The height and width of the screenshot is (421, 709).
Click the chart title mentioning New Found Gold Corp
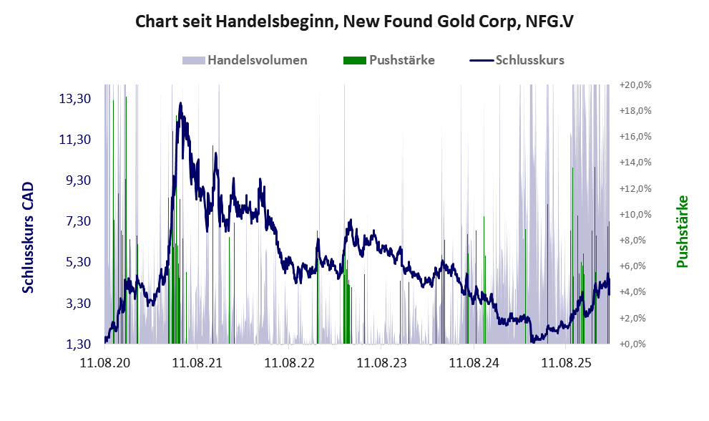(354, 22)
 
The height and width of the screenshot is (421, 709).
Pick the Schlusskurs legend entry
(529, 60)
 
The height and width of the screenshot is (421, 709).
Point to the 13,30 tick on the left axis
(74, 99)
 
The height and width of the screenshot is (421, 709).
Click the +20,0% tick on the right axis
(635, 85)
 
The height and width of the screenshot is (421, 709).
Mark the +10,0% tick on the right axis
(635, 215)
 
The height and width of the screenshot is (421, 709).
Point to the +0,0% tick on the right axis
(637, 344)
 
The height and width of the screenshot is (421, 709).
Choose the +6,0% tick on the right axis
(637, 266)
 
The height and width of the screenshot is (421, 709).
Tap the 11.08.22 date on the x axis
(289, 363)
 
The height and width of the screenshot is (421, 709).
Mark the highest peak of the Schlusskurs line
(180, 103)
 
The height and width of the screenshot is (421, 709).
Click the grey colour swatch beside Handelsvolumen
(193, 60)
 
